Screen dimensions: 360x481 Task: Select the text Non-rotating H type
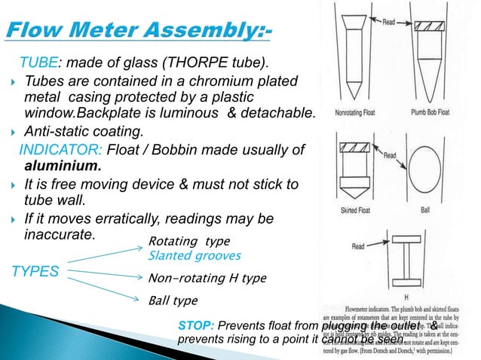(207, 278)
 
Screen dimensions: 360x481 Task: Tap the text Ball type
(173, 301)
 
